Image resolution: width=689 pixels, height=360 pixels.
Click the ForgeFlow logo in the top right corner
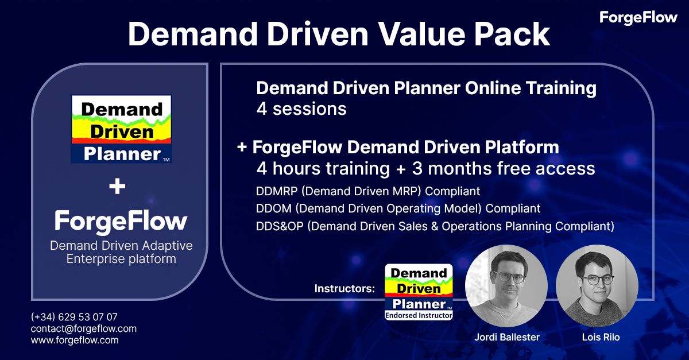pyautogui.click(x=638, y=18)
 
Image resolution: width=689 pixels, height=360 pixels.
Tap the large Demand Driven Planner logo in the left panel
pyautogui.click(x=121, y=129)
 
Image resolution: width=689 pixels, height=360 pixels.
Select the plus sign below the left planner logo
pyautogui.click(x=117, y=186)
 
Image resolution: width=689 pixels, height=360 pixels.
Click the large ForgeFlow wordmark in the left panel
pyautogui.click(x=121, y=221)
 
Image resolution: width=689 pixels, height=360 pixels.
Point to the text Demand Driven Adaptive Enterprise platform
pyautogui.click(x=121, y=252)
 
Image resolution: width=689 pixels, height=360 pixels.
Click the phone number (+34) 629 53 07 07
pyautogui.click(x=74, y=316)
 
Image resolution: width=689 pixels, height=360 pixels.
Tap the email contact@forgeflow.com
pyautogui.click(x=84, y=328)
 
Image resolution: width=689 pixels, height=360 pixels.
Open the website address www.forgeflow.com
pyautogui.click(x=75, y=340)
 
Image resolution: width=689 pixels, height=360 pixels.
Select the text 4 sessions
pyautogui.click(x=301, y=109)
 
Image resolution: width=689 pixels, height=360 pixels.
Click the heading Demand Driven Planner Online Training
pyautogui.click(x=426, y=88)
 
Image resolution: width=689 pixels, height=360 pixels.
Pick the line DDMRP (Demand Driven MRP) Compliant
pyautogui.click(x=368, y=191)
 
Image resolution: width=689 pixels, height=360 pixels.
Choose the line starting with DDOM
pyautogui.click(x=398, y=208)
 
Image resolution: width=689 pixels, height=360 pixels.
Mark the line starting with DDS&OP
pyautogui.click(x=435, y=226)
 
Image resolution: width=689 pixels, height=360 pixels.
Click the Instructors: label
pyautogui.click(x=344, y=289)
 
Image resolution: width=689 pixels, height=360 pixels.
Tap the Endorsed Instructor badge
pyautogui.click(x=419, y=292)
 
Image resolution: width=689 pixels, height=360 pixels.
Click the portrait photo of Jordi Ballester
pyautogui.click(x=506, y=286)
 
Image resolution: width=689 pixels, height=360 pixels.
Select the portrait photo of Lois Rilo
pyautogui.click(x=597, y=286)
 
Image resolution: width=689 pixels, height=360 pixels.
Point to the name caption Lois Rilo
pyautogui.click(x=601, y=337)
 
